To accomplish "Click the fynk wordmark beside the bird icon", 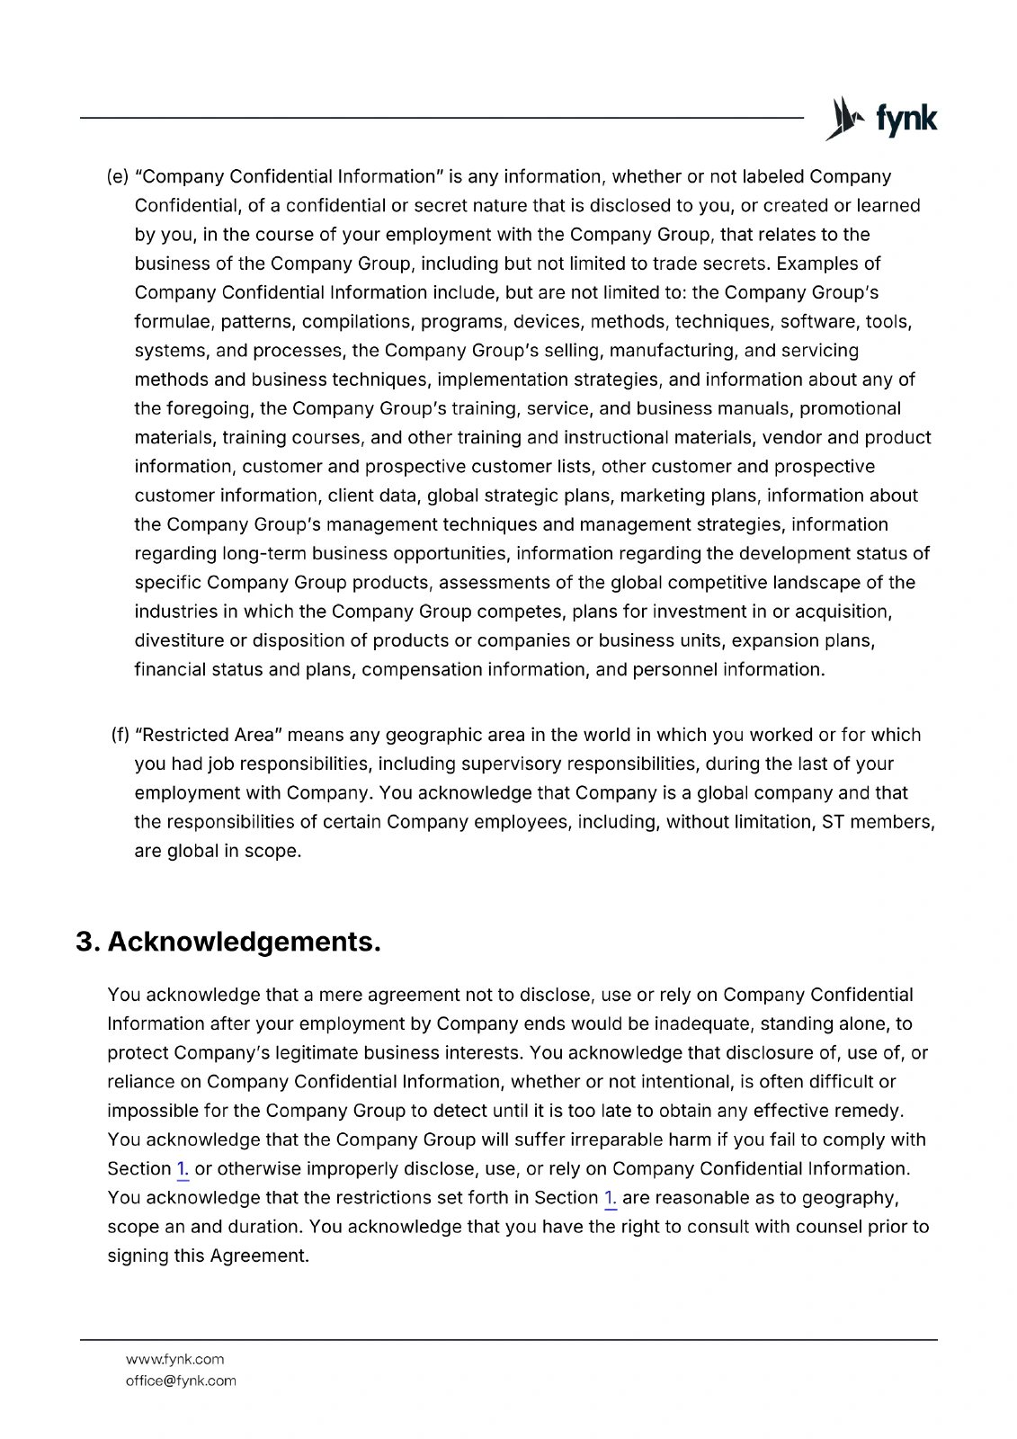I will point(906,120).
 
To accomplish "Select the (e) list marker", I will point(118,177).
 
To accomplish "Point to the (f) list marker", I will point(120,735).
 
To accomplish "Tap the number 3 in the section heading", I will point(86,942).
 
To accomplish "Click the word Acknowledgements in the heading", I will point(244,942).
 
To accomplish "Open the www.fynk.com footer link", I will point(174,1359).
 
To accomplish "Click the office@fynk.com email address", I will point(181,1381).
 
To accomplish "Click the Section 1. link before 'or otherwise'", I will point(183,1169).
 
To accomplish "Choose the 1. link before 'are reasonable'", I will point(611,1198).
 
